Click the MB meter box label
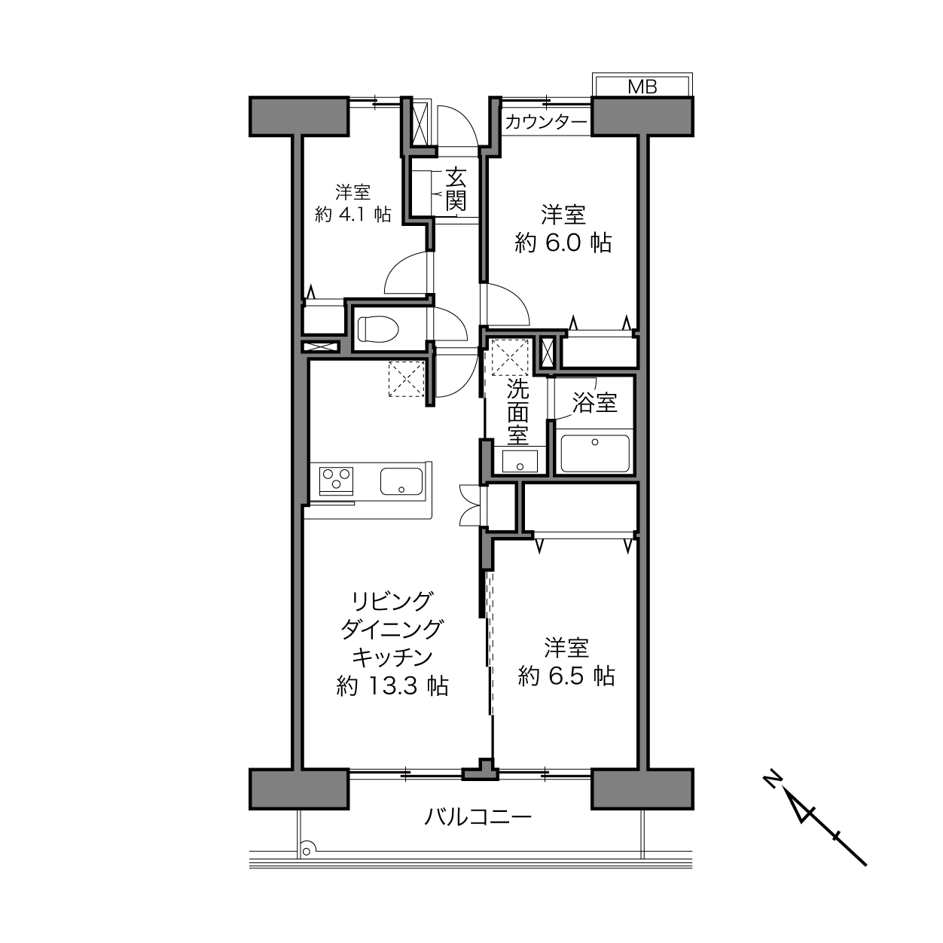coord(642,87)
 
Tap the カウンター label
coord(545,122)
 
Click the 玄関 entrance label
coord(456,189)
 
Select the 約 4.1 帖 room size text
coord(352,215)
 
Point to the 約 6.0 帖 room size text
coord(563,243)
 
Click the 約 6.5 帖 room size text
coord(566,676)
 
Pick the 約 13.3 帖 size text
coord(392,685)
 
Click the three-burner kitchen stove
coord(336,480)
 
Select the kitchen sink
coord(401,481)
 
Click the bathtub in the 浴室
coord(594,453)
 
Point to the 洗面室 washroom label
coord(517,411)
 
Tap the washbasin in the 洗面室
coord(520,461)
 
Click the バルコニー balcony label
coord(478,816)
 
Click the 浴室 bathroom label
coord(594,402)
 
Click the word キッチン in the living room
coord(392,658)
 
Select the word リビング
coord(392,601)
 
